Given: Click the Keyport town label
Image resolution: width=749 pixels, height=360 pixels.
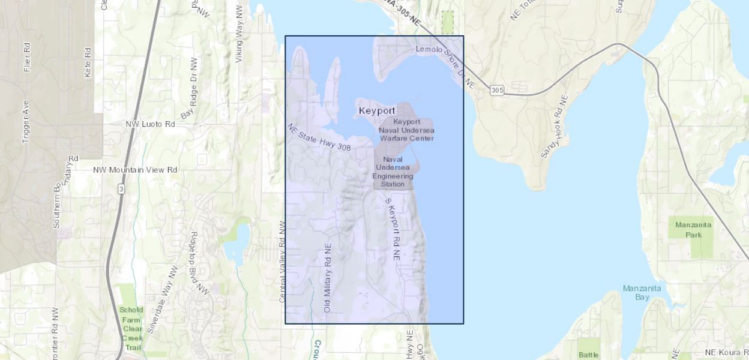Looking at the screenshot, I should click(377, 111).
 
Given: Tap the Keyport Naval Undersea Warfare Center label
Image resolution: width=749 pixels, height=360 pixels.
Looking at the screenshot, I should click(406, 130).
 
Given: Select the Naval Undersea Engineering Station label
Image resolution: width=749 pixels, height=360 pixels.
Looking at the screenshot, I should click(393, 172).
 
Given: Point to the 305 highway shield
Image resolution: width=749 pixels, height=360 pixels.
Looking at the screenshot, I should click(496, 90).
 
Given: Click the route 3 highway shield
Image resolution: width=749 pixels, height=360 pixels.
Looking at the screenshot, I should click(122, 189).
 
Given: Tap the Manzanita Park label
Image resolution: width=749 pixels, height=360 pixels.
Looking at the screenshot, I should click(693, 230).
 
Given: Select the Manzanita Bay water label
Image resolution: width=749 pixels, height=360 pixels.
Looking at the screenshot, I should click(642, 292).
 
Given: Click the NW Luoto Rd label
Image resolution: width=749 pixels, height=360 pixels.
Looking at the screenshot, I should click(150, 124).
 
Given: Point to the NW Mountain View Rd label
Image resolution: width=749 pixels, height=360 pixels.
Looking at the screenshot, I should click(135, 170).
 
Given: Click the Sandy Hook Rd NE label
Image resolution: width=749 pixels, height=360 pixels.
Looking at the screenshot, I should click(554, 126).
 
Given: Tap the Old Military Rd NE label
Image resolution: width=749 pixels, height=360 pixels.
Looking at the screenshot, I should click(328, 277).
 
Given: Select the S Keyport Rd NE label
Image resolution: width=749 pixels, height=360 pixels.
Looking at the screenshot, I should click(392, 229).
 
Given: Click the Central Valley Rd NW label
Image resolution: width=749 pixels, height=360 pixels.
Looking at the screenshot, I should click(283, 261).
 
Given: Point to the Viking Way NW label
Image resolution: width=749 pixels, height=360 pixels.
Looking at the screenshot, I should click(239, 34).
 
